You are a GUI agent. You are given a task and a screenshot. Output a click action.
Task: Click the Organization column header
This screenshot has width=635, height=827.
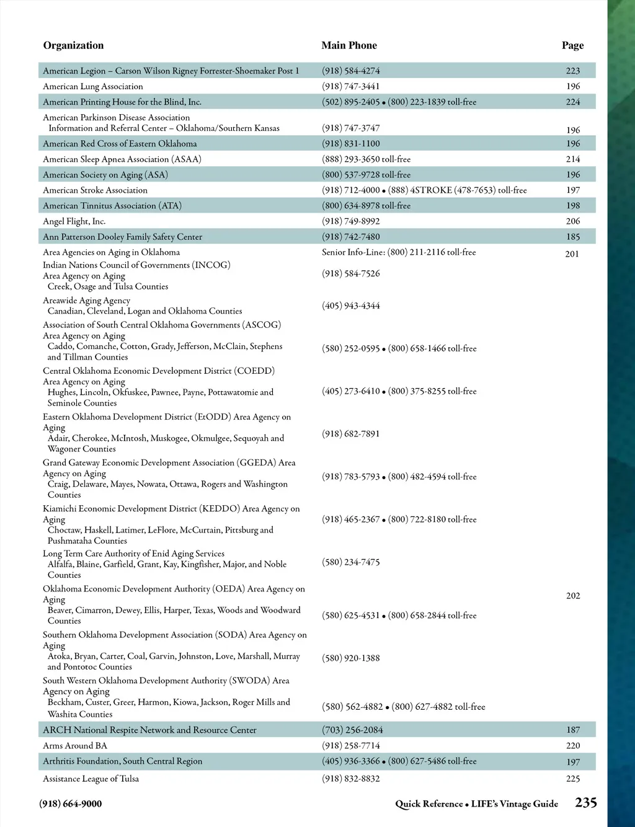point(73,45)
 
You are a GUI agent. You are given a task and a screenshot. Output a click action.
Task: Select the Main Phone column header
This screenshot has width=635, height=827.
point(349,45)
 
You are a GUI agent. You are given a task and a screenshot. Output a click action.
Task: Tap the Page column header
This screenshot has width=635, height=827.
point(572,45)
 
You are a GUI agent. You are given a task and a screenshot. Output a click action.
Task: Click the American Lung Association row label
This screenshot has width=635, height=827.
point(93,87)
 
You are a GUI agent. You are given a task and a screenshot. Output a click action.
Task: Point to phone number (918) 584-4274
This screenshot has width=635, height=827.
point(351,71)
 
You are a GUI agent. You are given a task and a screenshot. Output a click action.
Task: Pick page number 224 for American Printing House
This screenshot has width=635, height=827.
point(573,102)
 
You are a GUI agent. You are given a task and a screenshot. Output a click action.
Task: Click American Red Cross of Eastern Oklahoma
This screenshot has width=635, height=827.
point(120,144)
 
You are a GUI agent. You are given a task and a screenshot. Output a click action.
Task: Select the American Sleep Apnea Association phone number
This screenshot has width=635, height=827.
point(366,159)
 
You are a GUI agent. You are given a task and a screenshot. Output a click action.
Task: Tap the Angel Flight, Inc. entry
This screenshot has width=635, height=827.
point(74,221)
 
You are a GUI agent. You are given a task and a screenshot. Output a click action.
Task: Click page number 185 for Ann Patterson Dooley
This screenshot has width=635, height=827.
point(573,237)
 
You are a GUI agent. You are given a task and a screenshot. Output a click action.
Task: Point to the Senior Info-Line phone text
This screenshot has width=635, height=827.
point(399,252)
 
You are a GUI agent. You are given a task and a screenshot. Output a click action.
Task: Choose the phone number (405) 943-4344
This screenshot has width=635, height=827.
point(351,306)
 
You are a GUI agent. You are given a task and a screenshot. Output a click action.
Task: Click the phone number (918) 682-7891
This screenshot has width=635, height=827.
point(351,434)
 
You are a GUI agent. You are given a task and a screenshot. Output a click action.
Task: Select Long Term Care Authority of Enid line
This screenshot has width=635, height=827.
point(133,554)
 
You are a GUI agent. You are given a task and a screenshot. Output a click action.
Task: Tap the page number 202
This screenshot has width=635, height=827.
point(573,596)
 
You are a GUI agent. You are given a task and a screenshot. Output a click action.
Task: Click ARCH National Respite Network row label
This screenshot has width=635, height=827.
point(149,730)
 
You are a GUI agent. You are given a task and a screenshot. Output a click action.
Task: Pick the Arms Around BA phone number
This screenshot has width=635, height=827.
point(351,746)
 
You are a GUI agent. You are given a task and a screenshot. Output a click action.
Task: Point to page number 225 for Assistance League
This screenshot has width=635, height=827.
point(573,779)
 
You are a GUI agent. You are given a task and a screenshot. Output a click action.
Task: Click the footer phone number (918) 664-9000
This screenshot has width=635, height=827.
point(71,804)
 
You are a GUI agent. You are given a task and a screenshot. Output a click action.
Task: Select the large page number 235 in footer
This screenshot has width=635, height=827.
point(586,803)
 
